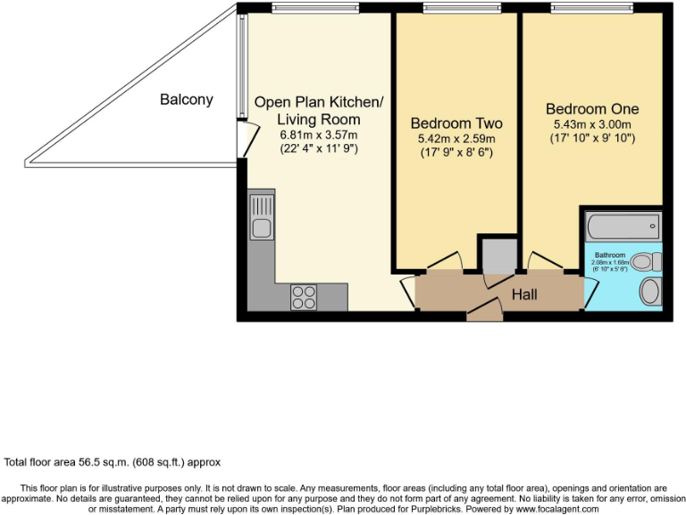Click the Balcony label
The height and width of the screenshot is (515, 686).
coord(186,99)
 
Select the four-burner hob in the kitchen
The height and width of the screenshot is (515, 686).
coord(303,296)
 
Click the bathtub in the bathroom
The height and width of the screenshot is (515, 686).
coord(623,225)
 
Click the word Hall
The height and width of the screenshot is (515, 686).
coord(523,294)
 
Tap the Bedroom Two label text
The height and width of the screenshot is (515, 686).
coord(456,123)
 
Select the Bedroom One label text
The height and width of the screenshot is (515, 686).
coord(592,108)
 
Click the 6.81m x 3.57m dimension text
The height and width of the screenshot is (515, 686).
coord(318,135)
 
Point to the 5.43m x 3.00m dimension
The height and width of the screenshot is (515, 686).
coord(592,124)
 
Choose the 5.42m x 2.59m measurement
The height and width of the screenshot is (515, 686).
coord(456,139)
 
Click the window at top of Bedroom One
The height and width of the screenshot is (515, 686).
coord(592,9)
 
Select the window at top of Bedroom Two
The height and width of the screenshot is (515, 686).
coord(456,9)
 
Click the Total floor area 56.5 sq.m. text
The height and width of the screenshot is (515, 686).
coord(113,462)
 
